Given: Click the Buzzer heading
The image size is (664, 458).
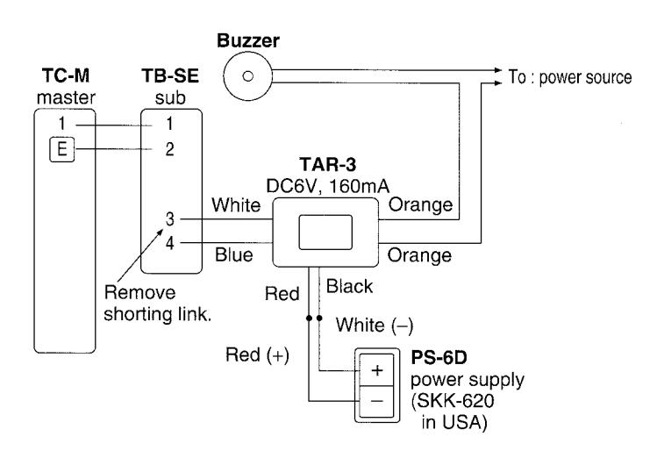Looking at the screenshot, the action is coord(248,41).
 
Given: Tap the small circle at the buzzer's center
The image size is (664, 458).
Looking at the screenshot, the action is coord(247,76).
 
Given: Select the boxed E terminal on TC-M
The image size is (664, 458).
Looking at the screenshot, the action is coord(61,149).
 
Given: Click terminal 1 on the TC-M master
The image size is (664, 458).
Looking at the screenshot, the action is coord(61,124).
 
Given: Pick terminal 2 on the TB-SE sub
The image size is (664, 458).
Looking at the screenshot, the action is coord(169,149).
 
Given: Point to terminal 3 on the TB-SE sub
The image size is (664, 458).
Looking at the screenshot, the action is coord(169,219).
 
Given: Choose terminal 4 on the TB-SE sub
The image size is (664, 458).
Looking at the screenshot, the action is coord(169,243).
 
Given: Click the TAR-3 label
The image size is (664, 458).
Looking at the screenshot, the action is coord(327,164).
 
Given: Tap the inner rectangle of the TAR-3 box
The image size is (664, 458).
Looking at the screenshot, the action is coord(325,233).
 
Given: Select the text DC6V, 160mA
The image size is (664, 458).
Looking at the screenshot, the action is coord(327,186).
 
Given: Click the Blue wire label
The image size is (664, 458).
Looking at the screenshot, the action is coord(233,255).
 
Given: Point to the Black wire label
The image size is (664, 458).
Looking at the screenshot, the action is coord(349,286).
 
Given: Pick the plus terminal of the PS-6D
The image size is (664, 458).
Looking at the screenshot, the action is coord(376,370).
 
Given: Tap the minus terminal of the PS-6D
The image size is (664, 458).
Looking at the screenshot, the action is coord(376,401).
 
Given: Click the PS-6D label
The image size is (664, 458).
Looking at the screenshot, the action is coord(439,358).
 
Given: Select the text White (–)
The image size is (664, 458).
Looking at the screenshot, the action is coord(375,326).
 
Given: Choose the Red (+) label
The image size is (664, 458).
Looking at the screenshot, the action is coord(257,355).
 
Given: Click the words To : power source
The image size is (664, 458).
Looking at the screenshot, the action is coord(570,77).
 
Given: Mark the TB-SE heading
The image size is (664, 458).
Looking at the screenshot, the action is coord(170,75).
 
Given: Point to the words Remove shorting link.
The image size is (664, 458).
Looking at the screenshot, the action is coord(158,304).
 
